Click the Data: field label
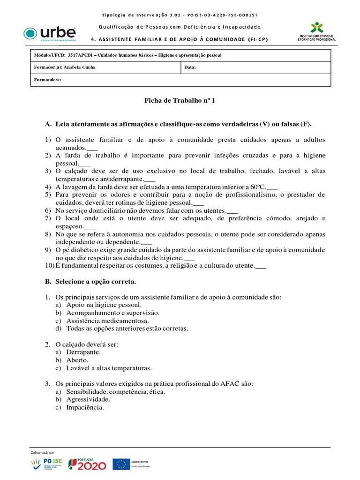[190, 67]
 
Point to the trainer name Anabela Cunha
[82, 67]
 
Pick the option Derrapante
[83, 352]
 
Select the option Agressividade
[88, 399]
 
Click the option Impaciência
[85, 408]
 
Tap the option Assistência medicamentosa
[107, 321]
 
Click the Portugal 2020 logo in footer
[88, 464]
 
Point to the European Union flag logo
[122, 464]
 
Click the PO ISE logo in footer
[47, 464]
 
